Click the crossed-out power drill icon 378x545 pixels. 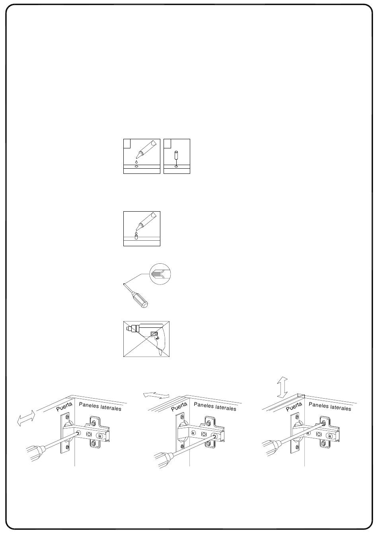(x=146, y=339)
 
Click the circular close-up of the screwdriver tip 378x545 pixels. (x=160, y=274)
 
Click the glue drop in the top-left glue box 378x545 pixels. (x=136, y=162)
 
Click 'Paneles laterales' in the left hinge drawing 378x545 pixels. (x=100, y=406)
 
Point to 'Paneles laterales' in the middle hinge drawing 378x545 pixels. (x=215, y=406)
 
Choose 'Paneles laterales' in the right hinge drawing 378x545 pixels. (x=330, y=406)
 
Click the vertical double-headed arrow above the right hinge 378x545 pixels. (x=282, y=387)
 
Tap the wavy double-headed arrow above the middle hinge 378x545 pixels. (x=156, y=395)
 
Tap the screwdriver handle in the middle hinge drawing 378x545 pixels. (x=163, y=460)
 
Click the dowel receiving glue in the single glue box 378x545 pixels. (x=136, y=237)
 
